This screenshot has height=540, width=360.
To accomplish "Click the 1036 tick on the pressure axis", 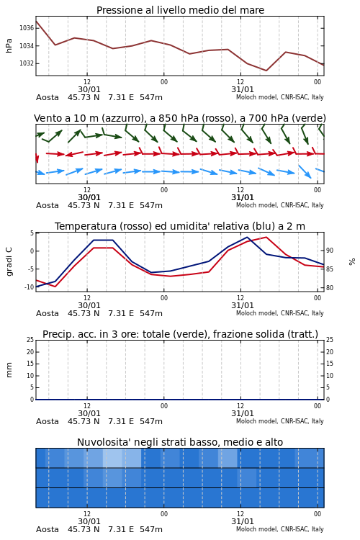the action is pos(27,28).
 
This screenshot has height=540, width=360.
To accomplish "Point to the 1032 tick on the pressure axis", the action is pos(27,63).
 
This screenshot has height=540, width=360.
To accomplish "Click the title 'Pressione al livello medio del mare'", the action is pos(180,10).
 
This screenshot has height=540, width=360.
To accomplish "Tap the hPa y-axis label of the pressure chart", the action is pos(9,45).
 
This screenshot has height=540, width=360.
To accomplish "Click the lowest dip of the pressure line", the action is pos(266,71).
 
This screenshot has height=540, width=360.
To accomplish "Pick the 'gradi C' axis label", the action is pos(9,261).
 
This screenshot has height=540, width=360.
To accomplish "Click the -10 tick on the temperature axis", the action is pos(29,287).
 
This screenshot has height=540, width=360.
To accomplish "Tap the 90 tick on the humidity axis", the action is pos(330,251).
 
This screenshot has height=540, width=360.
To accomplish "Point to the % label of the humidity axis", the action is pos(352,262).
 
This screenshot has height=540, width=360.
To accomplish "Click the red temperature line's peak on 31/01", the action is pos(266,237).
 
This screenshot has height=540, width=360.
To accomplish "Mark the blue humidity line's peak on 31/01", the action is pos(247,237).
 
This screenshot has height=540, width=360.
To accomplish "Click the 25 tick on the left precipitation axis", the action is pos(30,340).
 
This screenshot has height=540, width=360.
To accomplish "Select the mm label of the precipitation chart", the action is pos(9,370).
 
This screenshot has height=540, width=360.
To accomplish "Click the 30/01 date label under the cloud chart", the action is pos(89,521).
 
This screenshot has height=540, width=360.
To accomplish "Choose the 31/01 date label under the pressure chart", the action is pos(243,89).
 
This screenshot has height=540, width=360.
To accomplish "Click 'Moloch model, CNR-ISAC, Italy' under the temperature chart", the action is pos(280,313).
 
